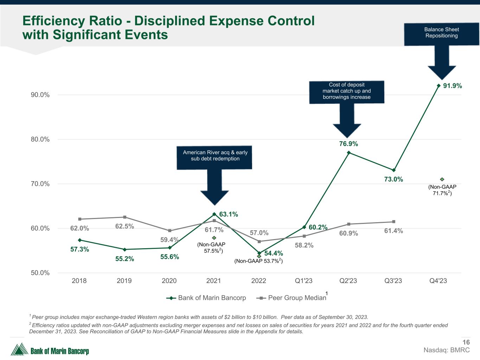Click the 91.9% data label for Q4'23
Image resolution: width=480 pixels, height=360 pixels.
452,86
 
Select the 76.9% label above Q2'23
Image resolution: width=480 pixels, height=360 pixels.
348,144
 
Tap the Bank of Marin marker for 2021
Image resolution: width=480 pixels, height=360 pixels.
214,214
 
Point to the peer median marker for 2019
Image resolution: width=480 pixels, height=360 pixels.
124,217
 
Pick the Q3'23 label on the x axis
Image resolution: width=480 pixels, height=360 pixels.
393,281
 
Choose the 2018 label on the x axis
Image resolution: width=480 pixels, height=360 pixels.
79,281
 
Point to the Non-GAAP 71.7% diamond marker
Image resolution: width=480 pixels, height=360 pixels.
442,179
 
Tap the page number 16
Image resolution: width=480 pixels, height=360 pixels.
466,342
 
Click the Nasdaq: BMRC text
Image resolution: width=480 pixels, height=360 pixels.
447,350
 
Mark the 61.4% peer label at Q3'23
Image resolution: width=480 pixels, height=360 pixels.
393,231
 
